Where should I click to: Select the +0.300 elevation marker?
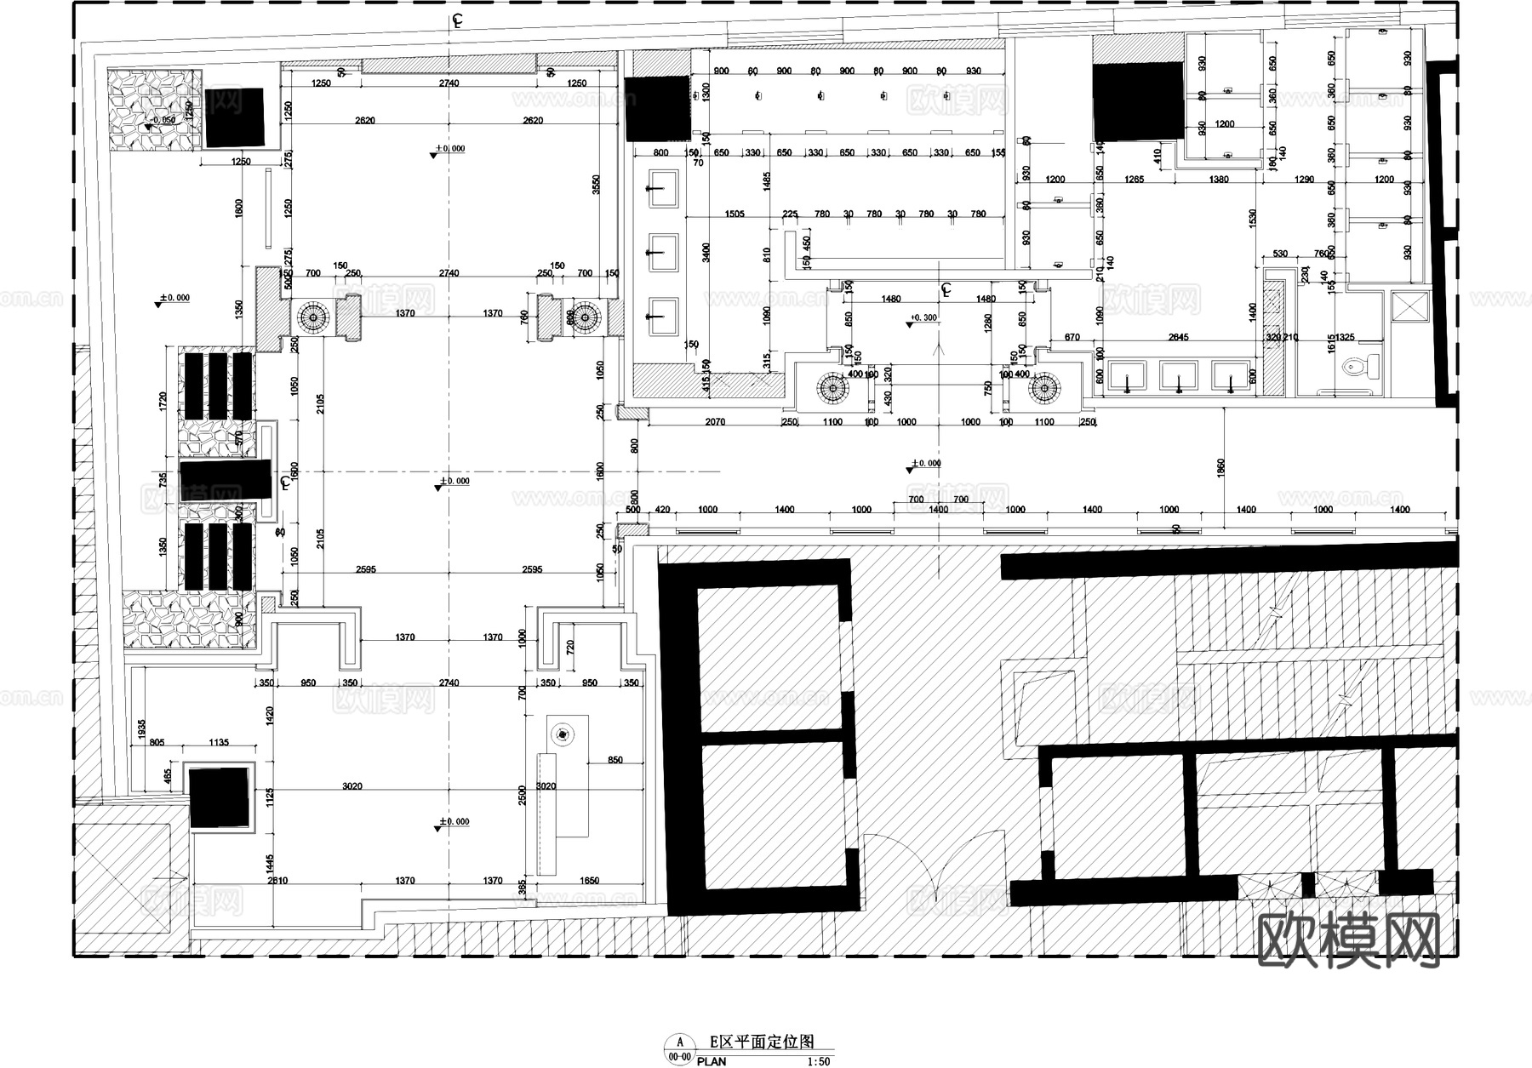pos(923,318)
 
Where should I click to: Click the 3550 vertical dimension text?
pos(597,184)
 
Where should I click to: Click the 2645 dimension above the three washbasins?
pos(1178,338)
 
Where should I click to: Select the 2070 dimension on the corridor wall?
pos(715,422)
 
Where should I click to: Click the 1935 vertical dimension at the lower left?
pos(141,728)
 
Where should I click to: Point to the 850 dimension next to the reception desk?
pos(615,760)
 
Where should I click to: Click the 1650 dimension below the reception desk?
pos(590,881)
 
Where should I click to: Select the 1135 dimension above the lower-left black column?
pos(218,743)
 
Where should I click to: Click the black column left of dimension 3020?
pos(220,797)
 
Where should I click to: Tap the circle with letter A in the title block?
pos(679,1042)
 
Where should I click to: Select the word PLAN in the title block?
pos(712,1061)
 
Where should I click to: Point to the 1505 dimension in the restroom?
pos(734,214)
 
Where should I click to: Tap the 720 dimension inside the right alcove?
pos(570,646)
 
